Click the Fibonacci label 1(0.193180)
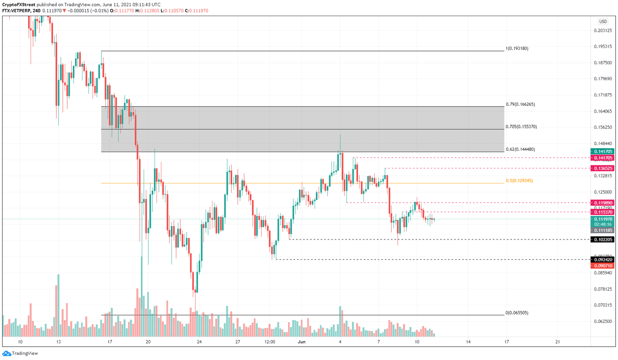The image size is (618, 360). [x=517, y=49]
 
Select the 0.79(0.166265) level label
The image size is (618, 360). [x=520, y=105]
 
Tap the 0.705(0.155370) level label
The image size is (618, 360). [x=521, y=127]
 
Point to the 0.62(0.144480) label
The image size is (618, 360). [x=520, y=150]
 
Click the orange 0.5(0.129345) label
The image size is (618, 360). [x=519, y=181]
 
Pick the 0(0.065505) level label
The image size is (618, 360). [x=517, y=313]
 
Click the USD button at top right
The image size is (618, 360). [x=603, y=22]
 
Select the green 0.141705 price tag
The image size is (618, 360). [x=602, y=152]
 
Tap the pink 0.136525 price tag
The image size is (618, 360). [x=602, y=169]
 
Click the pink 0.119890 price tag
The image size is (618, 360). [x=602, y=203]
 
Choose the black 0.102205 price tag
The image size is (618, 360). [x=602, y=240]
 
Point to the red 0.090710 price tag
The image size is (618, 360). [x=602, y=266]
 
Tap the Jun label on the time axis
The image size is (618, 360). [x=302, y=342]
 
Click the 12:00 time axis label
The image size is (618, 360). [x=270, y=342]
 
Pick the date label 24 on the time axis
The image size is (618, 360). [x=200, y=342]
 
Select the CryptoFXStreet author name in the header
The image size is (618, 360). [x=19, y=5]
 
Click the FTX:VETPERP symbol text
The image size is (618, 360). [x=16, y=11]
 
